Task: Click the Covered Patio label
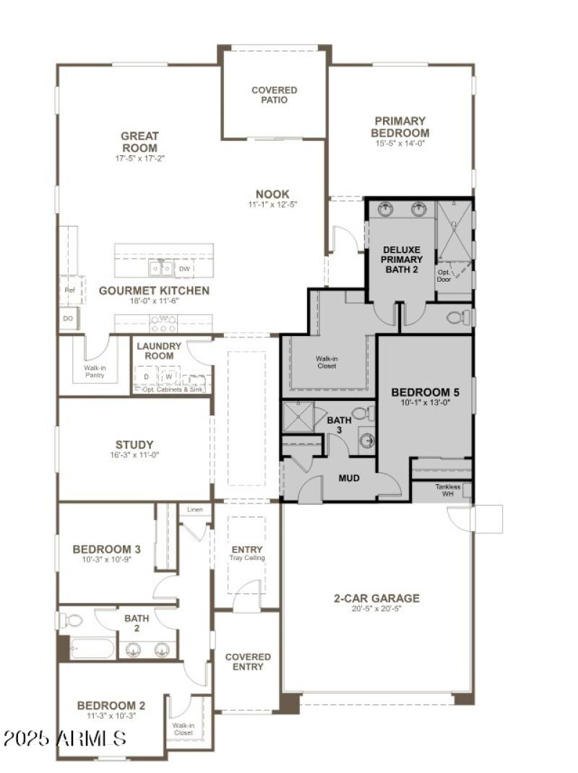pos(274,95)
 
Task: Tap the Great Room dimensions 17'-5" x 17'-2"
pos(139,157)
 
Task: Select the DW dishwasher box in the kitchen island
pos(184,269)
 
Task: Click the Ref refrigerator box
pos(69,290)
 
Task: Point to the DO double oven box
pos(69,318)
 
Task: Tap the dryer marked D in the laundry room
pos(146,377)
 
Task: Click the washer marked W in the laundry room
pos(169,377)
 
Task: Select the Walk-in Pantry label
pos(95,371)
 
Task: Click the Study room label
pos(134,444)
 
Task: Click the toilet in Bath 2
pos(72,620)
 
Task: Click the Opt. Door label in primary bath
pos(444,275)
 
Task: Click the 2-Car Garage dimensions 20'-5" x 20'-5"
pos(376,609)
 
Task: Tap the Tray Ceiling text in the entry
pos(247,558)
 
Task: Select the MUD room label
pos(349,478)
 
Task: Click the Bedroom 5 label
pos(425,392)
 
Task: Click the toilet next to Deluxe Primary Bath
pos(456,317)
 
